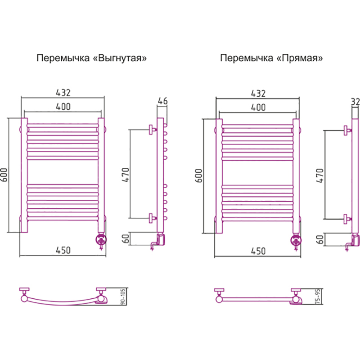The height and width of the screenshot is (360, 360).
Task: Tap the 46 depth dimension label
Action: [x=162, y=101]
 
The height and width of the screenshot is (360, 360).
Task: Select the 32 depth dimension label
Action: [x=355, y=102]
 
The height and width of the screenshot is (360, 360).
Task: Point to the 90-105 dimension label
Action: [x=123, y=297]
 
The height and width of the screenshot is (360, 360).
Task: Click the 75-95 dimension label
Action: [x=318, y=297]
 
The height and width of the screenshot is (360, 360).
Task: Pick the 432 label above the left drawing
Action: [x=63, y=93]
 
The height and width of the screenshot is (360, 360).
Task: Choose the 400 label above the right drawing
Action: [x=258, y=108]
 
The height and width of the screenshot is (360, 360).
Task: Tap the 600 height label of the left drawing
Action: [x=4, y=175]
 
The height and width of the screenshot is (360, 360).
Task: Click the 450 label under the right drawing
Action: [x=258, y=251]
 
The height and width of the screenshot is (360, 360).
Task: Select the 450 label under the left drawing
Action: [x=63, y=250]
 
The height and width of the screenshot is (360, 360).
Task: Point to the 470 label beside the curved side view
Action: [x=126, y=175]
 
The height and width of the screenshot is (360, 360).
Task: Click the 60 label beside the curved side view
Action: [x=126, y=239]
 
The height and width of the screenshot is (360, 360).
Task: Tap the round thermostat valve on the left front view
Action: [x=101, y=240]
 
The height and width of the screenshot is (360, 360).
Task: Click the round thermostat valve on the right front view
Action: [x=296, y=241]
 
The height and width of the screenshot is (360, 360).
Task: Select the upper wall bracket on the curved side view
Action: [x=153, y=130]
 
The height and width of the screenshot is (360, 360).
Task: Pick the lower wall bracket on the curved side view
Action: [x=153, y=218]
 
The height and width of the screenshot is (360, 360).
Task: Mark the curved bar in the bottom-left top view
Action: [x=63, y=303]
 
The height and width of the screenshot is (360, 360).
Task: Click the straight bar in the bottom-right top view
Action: [x=257, y=299]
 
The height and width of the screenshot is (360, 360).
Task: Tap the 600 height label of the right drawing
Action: [x=199, y=176]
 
